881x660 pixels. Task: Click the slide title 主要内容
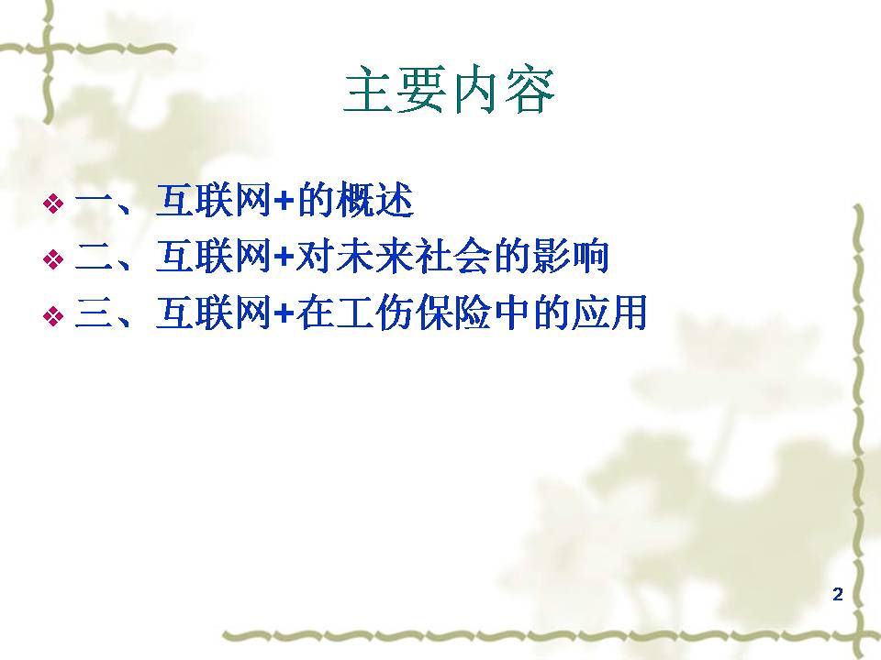click(x=449, y=91)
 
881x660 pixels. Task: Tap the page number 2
click(x=838, y=594)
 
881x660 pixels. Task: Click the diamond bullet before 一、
click(x=53, y=203)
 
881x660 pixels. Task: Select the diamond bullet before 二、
click(x=53, y=258)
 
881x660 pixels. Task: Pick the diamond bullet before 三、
click(x=53, y=315)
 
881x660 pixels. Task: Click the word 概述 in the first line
click(x=374, y=201)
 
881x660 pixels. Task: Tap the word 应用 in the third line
click(x=609, y=313)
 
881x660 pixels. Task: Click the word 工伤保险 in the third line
click(x=415, y=313)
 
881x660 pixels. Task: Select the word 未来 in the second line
click(x=374, y=257)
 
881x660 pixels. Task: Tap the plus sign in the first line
click(x=284, y=202)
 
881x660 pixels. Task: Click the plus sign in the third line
click(x=284, y=314)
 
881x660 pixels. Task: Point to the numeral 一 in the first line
click(x=95, y=201)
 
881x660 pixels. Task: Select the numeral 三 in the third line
click(x=95, y=313)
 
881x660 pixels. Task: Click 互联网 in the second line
click(x=214, y=257)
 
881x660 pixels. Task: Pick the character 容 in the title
click(x=530, y=91)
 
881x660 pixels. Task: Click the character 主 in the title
click(x=368, y=91)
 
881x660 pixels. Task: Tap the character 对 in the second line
click(x=315, y=257)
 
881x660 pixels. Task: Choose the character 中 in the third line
click(x=512, y=313)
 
